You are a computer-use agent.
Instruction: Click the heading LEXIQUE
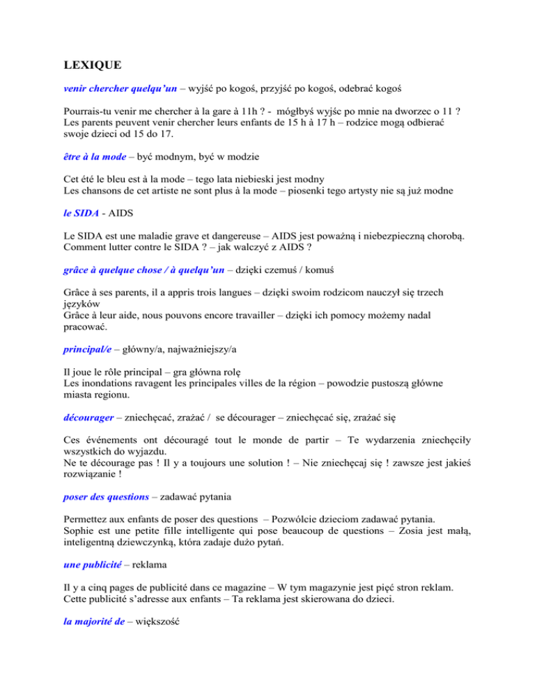[92, 66]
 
